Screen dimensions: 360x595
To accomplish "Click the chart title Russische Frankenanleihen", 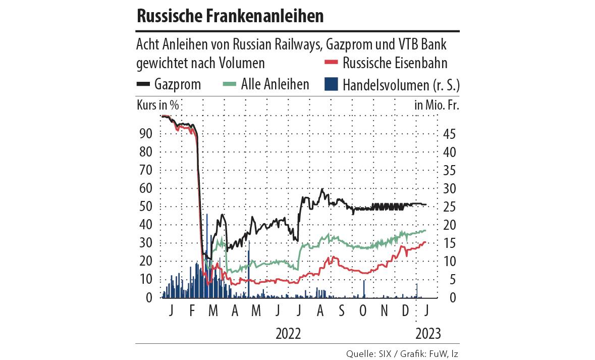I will pos(230,16).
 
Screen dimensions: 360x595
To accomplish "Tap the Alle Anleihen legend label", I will pos(275,84).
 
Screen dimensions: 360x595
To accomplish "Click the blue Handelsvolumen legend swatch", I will pos(330,84).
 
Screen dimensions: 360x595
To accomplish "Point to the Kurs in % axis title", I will pos(158,106).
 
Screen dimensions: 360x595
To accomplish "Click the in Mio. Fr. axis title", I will pos(437,106).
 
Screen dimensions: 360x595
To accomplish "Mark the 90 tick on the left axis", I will pos(145,134).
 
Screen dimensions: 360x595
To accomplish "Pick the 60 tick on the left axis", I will pos(145,188).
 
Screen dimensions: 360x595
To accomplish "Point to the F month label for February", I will pos(192,311).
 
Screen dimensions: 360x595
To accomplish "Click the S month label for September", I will pos(342,311).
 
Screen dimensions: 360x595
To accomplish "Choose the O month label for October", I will pos(363,311).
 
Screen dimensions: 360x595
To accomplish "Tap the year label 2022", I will pos(288,333).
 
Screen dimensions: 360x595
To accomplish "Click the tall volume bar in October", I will pos(364,289).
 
